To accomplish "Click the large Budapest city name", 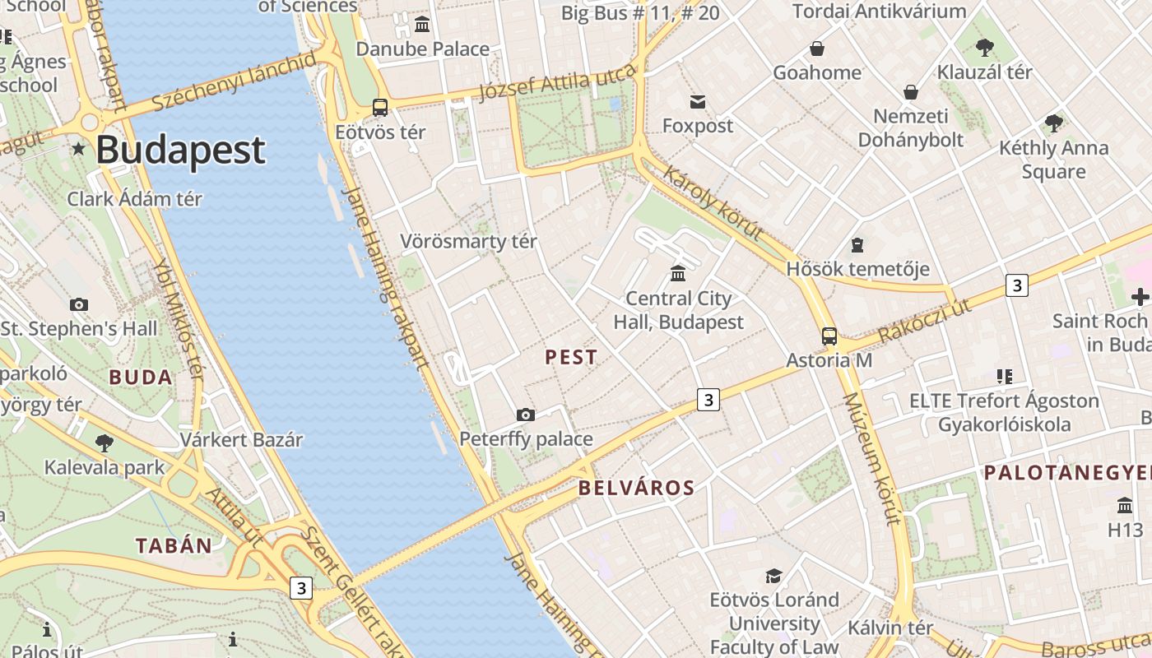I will tap(180, 151).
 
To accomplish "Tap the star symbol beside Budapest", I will tap(78, 149).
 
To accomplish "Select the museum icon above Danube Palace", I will tap(422, 25).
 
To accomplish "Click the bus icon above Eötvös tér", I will tap(379, 107).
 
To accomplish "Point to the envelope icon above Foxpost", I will tap(698, 101).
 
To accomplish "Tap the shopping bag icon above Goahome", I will tap(817, 49).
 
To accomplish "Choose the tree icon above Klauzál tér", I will tap(984, 48).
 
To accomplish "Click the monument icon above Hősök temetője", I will tap(857, 245).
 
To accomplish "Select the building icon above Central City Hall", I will tap(678, 273).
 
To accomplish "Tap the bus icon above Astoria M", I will tap(829, 336).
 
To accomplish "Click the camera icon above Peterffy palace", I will tap(526, 415).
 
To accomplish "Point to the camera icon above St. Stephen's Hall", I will tap(79, 304).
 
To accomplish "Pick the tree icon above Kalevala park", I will tap(105, 443).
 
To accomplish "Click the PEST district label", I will tap(571, 357).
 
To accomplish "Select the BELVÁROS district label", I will tap(636, 488).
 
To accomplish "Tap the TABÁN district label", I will tap(174, 545).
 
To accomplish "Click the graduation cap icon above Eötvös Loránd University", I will tap(773, 575).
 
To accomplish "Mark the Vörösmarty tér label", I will tap(468, 241).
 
